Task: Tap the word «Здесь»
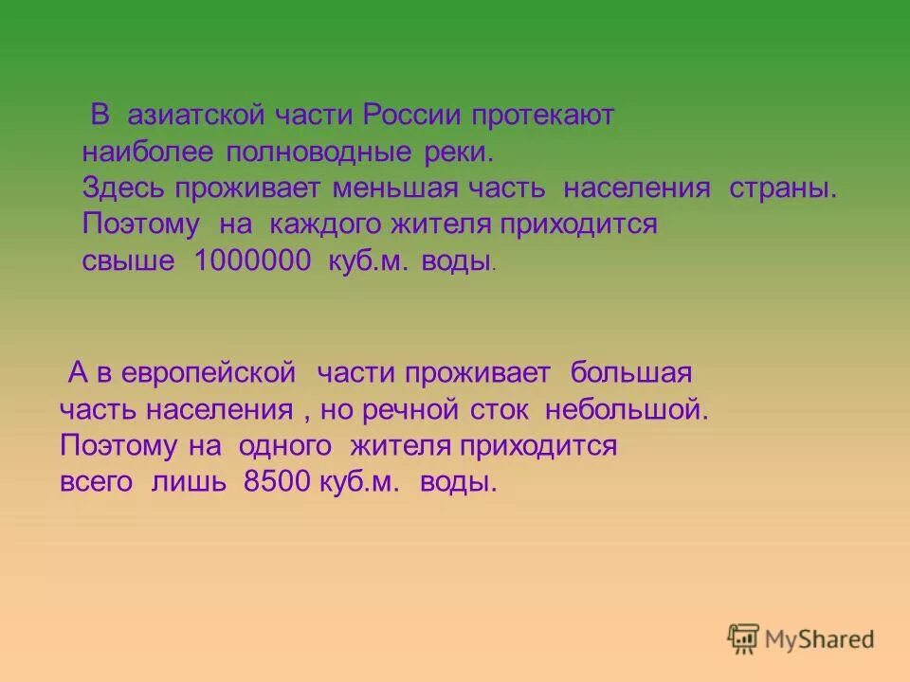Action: tap(123, 188)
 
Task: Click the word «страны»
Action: tap(783, 188)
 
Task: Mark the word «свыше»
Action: tap(128, 261)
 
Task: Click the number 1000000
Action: tap(252, 261)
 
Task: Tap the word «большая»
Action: tap(631, 373)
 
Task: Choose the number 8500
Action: tap(277, 482)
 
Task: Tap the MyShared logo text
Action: tap(820, 639)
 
